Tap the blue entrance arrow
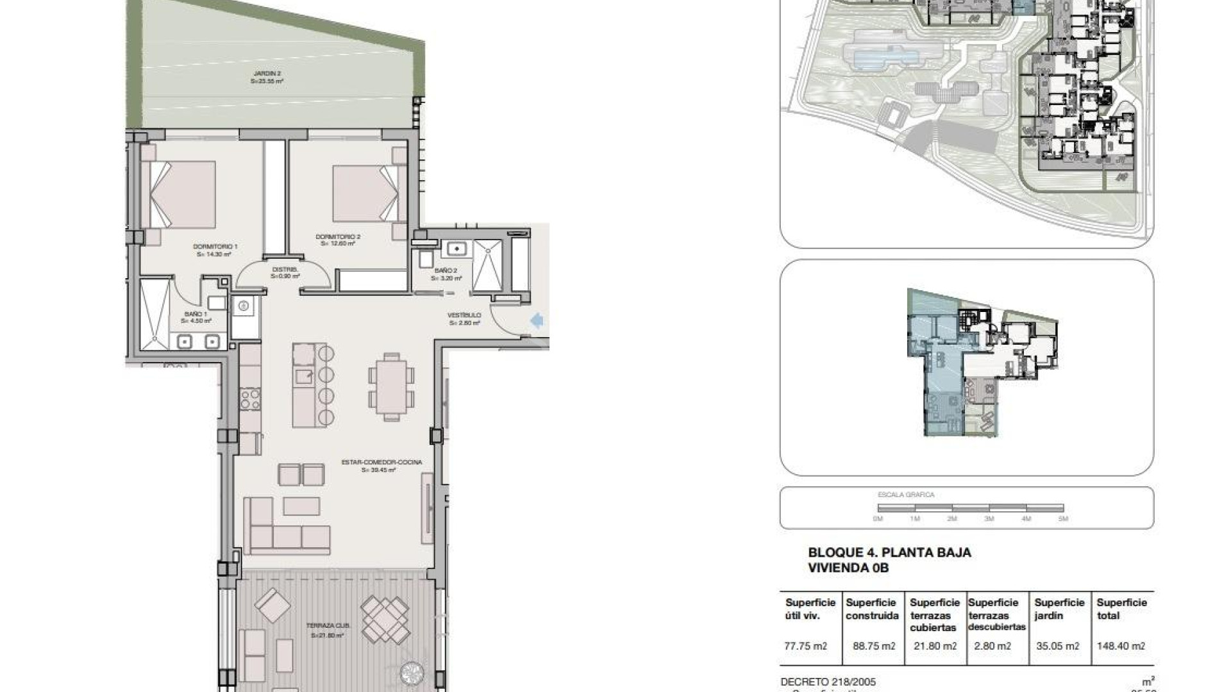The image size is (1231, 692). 537,320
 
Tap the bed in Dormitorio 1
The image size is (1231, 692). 183,195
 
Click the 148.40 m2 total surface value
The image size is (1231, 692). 1121,646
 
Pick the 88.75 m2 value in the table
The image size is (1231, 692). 874,646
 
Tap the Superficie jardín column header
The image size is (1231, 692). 1059,609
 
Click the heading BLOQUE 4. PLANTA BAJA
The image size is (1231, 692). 889,552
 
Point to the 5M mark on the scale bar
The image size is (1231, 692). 1063,518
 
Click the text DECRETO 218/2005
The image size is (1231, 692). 828,682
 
